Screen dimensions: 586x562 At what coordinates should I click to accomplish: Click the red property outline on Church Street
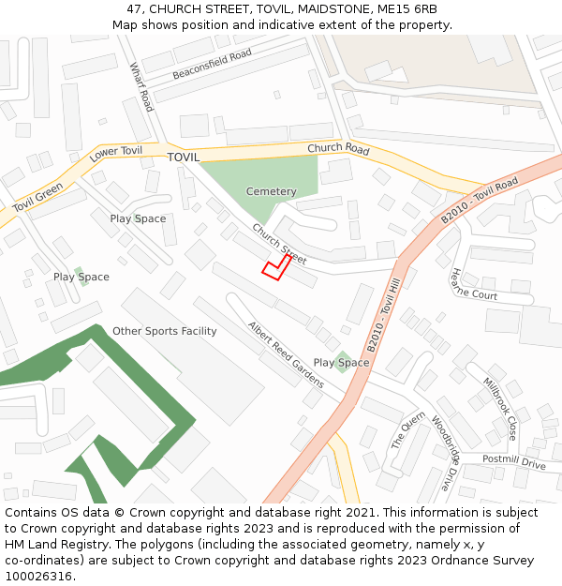click(x=274, y=267)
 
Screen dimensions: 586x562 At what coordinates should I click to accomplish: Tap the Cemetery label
click(x=271, y=191)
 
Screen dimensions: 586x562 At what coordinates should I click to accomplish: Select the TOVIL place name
click(x=184, y=158)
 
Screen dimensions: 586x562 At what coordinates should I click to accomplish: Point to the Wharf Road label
click(x=141, y=87)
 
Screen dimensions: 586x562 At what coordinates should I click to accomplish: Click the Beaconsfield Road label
click(x=212, y=65)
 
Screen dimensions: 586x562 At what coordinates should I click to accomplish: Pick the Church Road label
click(x=338, y=149)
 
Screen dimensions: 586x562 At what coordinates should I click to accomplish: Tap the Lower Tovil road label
click(x=116, y=155)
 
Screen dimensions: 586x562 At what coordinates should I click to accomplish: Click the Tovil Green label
click(x=38, y=197)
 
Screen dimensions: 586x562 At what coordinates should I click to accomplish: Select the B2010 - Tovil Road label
click(x=479, y=201)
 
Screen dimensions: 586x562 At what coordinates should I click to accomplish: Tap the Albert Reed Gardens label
click(x=286, y=355)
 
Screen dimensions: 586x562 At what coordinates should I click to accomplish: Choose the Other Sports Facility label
click(x=164, y=331)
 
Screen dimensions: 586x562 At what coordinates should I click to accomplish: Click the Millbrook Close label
click(x=499, y=409)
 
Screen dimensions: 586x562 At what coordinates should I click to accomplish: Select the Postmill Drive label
click(x=513, y=462)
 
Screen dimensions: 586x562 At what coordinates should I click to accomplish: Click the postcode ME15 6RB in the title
click(x=407, y=9)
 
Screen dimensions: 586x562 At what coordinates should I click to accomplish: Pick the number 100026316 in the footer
click(x=38, y=577)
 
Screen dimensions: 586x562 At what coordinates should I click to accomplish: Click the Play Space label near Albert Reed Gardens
click(x=341, y=363)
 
